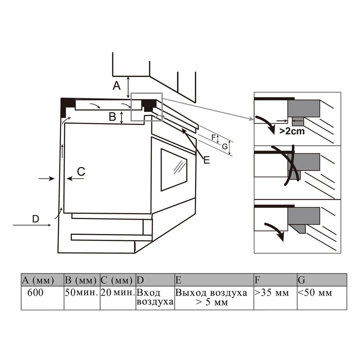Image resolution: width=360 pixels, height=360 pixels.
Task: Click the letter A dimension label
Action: click(x=117, y=86)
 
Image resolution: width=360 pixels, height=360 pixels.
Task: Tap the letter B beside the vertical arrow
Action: click(x=112, y=117)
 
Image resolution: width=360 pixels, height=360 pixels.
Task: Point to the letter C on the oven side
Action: click(x=81, y=171)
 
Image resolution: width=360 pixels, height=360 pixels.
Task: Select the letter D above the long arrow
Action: click(x=36, y=219)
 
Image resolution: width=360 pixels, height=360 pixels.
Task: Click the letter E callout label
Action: click(x=207, y=160)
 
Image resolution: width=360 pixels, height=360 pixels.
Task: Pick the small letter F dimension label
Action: click(x=213, y=138)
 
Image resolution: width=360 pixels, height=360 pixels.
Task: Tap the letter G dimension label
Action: click(x=225, y=146)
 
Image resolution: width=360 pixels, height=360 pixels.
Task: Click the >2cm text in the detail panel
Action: click(x=292, y=131)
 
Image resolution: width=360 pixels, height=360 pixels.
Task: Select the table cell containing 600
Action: click(x=42, y=298)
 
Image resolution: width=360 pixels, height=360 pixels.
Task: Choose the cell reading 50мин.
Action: click(x=82, y=298)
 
